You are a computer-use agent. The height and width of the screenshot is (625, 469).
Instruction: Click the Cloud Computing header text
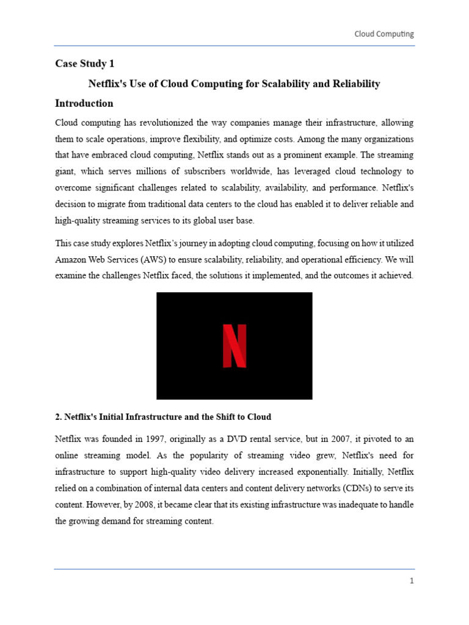coord(384,34)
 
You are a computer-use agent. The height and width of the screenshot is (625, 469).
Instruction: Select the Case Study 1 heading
coord(85,63)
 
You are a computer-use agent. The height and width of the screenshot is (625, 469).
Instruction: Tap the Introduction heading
coord(84,103)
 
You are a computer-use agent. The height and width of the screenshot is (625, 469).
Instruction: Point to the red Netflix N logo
coord(234,346)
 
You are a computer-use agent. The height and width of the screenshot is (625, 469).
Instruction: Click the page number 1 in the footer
coord(412,581)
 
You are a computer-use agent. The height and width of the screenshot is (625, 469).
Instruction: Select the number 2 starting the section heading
coord(57,417)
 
